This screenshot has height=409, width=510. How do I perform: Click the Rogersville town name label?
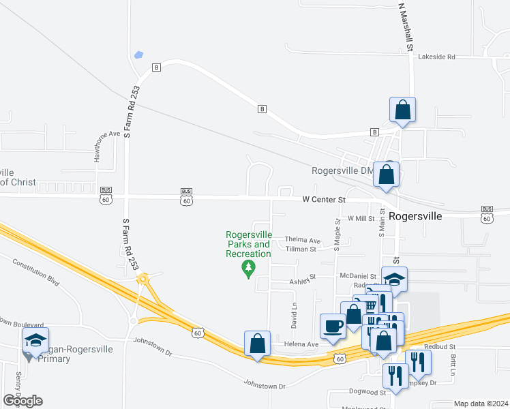pos(415,215)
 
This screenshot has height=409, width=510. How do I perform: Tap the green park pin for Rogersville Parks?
pos(249,269)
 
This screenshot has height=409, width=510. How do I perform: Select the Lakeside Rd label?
pos(436,57)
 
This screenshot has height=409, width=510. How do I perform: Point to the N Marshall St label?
pos(406,27)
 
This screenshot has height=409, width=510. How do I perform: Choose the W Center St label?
pos(325,200)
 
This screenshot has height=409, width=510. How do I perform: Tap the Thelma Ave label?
pos(302,241)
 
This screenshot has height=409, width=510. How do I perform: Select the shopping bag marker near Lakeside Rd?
pos(402,109)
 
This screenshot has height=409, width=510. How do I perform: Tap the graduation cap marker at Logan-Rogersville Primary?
pos(35,339)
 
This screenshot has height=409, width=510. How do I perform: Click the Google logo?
pos(22,401)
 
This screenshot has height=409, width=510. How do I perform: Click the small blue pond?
pos(140,55)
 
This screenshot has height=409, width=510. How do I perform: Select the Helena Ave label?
pos(301,345)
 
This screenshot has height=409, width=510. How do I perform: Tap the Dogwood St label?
pos(369,392)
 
